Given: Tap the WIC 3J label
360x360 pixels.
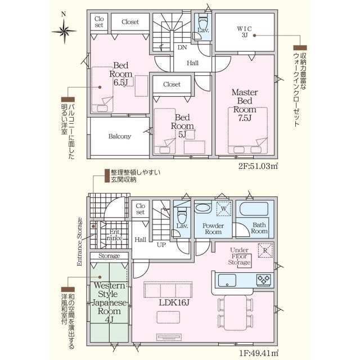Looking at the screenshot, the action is (x=245, y=32).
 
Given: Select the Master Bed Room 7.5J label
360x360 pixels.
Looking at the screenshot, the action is (x=245, y=105).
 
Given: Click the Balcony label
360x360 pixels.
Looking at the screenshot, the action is (x=120, y=136).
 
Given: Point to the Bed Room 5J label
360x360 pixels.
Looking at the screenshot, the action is (x=182, y=126).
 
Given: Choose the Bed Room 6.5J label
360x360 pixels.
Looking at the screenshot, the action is (x=121, y=74).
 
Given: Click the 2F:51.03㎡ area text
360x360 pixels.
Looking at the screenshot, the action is (x=258, y=166).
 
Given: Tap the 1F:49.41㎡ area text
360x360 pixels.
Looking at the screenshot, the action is (x=259, y=353).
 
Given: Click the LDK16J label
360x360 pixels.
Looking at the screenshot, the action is (x=174, y=303).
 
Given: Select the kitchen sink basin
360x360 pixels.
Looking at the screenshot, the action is (x=227, y=280).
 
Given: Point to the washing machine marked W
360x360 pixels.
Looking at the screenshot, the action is (x=224, y=209).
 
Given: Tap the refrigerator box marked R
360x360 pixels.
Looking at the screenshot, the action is (x=265, y=250).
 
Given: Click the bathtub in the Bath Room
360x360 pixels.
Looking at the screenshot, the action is (x=254, y=209).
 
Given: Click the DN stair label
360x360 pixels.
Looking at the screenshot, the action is (x=182, y=47).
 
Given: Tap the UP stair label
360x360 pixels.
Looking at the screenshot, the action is (x=161, y=245).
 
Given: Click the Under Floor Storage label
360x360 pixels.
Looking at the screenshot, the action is (x=239, y=256).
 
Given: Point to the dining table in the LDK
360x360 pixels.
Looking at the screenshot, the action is (x=236, y=313).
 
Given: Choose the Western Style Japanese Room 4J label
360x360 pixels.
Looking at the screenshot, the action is (x=109, y=303).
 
